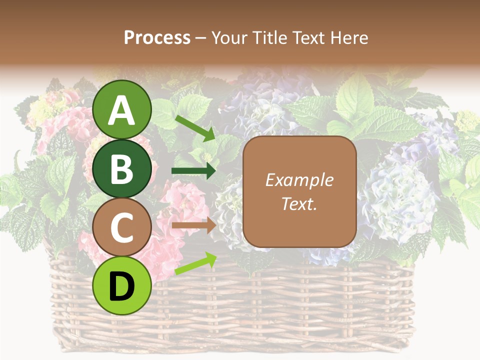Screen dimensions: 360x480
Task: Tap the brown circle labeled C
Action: click(122, 227)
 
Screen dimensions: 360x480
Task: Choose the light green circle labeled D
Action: click(122, 286)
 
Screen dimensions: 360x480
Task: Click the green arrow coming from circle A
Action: click(195, 127)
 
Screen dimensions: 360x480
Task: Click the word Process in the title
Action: click(157, 38)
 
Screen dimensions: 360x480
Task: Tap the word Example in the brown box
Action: click(299, 180)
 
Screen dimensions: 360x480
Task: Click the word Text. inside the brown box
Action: click(299, 203)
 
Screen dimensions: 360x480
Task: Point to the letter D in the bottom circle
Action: click(122, 286)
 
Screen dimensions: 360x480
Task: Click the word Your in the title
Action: click(230, 38)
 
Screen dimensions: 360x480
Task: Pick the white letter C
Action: click(122, 227)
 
